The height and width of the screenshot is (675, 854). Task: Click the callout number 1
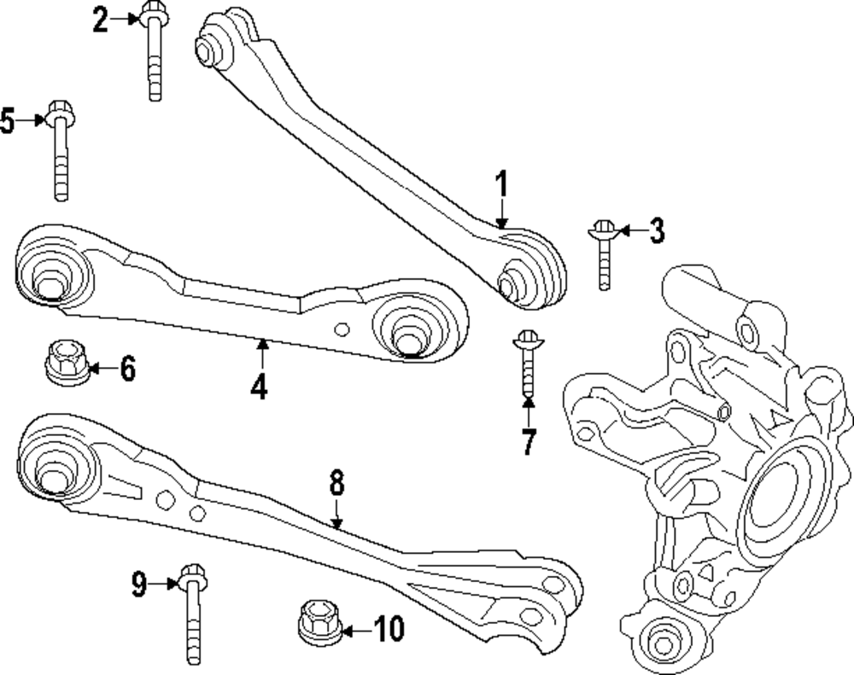pyautogui.click(x=502, y=184)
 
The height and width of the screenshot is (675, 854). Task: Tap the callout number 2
pyautogui.click(x=102, y=19)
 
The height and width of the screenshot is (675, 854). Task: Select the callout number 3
pyautogui.click(x=655, y=230)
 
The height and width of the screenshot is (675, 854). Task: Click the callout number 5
pyautogui.click(x=8, y=121)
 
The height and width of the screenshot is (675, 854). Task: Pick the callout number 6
pyautogui.click(x=126, y=370)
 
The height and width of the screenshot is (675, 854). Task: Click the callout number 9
pyautogui.click(x=139, y=584)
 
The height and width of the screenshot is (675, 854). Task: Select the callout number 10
pyautogui.click(x=388, y=631)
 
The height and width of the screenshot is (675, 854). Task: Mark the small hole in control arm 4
pyautogui.click(x=342, y=329)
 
